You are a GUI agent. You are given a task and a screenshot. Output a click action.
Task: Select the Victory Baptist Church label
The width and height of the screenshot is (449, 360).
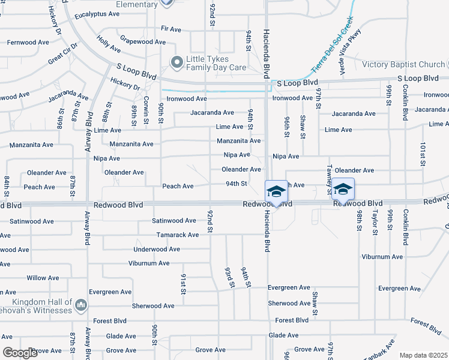click(403, 65)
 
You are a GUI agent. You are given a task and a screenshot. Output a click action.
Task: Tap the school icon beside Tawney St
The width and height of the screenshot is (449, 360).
click(342, 190)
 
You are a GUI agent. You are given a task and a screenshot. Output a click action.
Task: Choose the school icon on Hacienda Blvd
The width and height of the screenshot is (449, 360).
click(276, 192)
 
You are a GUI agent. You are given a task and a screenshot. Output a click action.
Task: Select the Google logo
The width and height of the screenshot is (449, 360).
click(20, 353)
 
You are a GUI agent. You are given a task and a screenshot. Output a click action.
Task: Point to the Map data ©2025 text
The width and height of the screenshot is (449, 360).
click(423, 355)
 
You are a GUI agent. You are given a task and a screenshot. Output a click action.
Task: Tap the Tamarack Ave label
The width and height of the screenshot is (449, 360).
click(177, 235)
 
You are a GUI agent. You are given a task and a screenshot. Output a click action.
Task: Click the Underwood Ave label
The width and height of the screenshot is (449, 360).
click(157, 249)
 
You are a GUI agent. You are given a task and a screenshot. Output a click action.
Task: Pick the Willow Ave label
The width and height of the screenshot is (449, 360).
click(43, 278)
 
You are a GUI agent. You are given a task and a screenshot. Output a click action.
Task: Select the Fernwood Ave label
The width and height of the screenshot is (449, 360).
click(28, 43)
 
